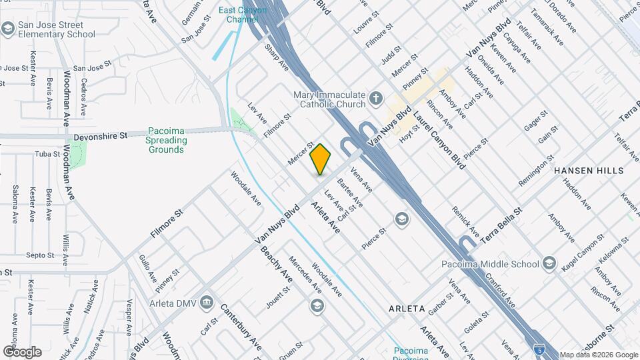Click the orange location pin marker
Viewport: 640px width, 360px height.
pyautogui.click(x=321, y=159)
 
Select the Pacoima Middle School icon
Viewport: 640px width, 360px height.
pyautogui.click(x=549, y=264)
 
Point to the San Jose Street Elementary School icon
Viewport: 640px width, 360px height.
pyautogui.click(x=8, y=29)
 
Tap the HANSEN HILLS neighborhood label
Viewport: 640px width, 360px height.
pyautogui.click(x=589, y=171)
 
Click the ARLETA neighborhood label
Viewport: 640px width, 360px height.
pyautogui.click(x=407, y=309)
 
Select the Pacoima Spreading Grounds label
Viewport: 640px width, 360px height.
pyautogui.click(x=166, y=141)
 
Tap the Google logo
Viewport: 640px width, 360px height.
pyautogui.click(x=22, y=351)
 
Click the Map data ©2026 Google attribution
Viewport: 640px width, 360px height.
pyautogui.click(x=599, y=355)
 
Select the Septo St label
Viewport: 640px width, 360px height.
pyautogui.click(x=40, y=255)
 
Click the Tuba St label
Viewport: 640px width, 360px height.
pyautogui.click(x=47, y=154)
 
